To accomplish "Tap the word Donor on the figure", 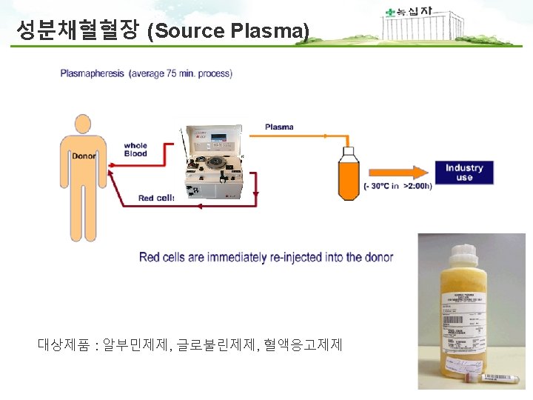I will [84, 156].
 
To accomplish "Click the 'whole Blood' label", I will [135, 150].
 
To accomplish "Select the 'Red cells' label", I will [156, 198].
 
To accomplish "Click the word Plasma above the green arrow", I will [279, 127].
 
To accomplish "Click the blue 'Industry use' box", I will [464, 173].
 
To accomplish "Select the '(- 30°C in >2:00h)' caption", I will [398, 185].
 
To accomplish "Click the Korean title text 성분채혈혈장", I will [78, 30].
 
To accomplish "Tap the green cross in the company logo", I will [390, 12].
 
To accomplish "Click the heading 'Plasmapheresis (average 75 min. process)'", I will [146, 73].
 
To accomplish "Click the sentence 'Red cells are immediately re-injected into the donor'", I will [266, 258].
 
